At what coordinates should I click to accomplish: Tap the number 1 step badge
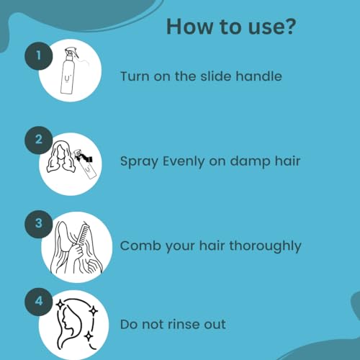pos(38,56)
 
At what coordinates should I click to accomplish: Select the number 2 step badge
pos(38,140)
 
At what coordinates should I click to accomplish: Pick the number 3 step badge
pos(38,224)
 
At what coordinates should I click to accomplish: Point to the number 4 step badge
pos(38,302)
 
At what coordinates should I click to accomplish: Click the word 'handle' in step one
pos(258,76)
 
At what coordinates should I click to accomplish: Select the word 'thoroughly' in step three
pos(265,246)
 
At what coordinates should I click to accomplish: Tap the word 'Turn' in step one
pos(135,76)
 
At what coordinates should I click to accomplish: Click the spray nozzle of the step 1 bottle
pos(71,52)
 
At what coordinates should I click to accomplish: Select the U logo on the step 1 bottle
pos(67,78)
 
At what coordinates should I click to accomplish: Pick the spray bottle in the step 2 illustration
pos(86,163)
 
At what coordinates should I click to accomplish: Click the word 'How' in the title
pos(189,26)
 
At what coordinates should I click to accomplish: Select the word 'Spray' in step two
pos(139,161)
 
